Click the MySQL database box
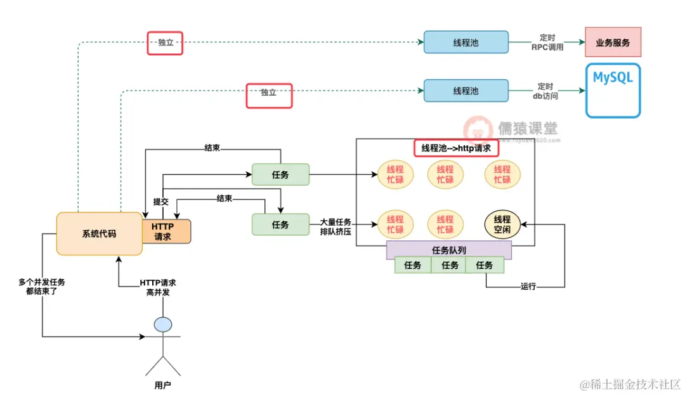coord(613,91)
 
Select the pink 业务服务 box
coord(613,42)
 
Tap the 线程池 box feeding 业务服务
coord(466,42)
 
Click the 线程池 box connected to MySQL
coord(466,91)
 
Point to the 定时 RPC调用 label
coord(547,42)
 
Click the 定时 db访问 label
coord(546,91)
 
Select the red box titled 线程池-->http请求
coord(456,148)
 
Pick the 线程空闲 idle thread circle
coord(502,224)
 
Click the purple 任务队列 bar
coord(449,250)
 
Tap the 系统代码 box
coord(99,233)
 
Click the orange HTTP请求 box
coord(166,231)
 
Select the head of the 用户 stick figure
coord(163,325)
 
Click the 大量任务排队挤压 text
coord(336,228)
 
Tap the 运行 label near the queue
coord(528,287)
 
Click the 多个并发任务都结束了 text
coord(42,287)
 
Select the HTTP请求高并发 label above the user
coord(158,287)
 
